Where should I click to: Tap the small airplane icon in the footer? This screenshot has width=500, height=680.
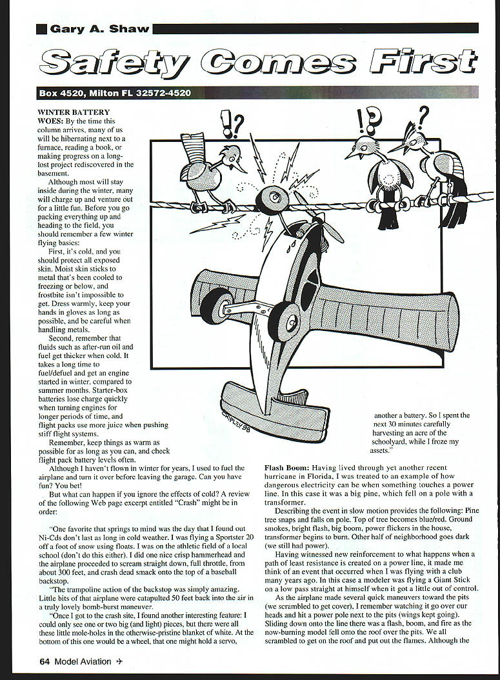pyautogui.click(x=119, y=661)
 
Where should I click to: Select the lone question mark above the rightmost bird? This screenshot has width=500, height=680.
pyautogui.click(x=423, y=118)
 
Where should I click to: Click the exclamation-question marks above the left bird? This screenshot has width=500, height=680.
pyautogui.click(x=231, y=123)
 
